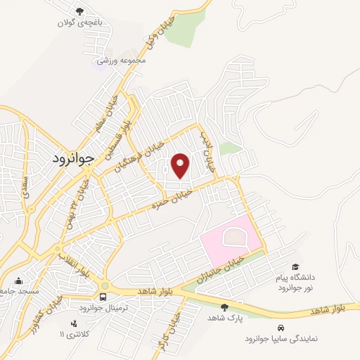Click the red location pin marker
point(181,166)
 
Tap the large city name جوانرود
point(73,159)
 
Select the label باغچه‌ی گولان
point(79,22)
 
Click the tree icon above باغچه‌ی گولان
point(79,11)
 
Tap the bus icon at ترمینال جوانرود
point(104,297)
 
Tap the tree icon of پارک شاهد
point(224,307)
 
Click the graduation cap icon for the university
point(296,267)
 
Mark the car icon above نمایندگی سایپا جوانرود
point(281,328)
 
